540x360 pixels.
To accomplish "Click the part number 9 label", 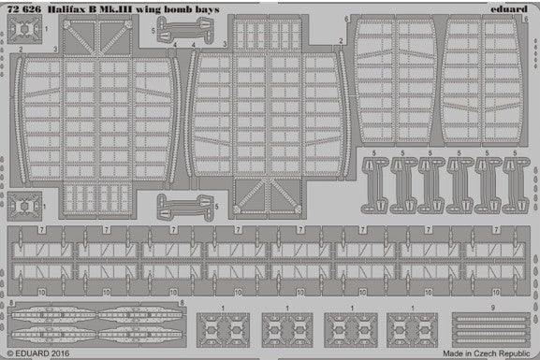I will click(x=492, y=307).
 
